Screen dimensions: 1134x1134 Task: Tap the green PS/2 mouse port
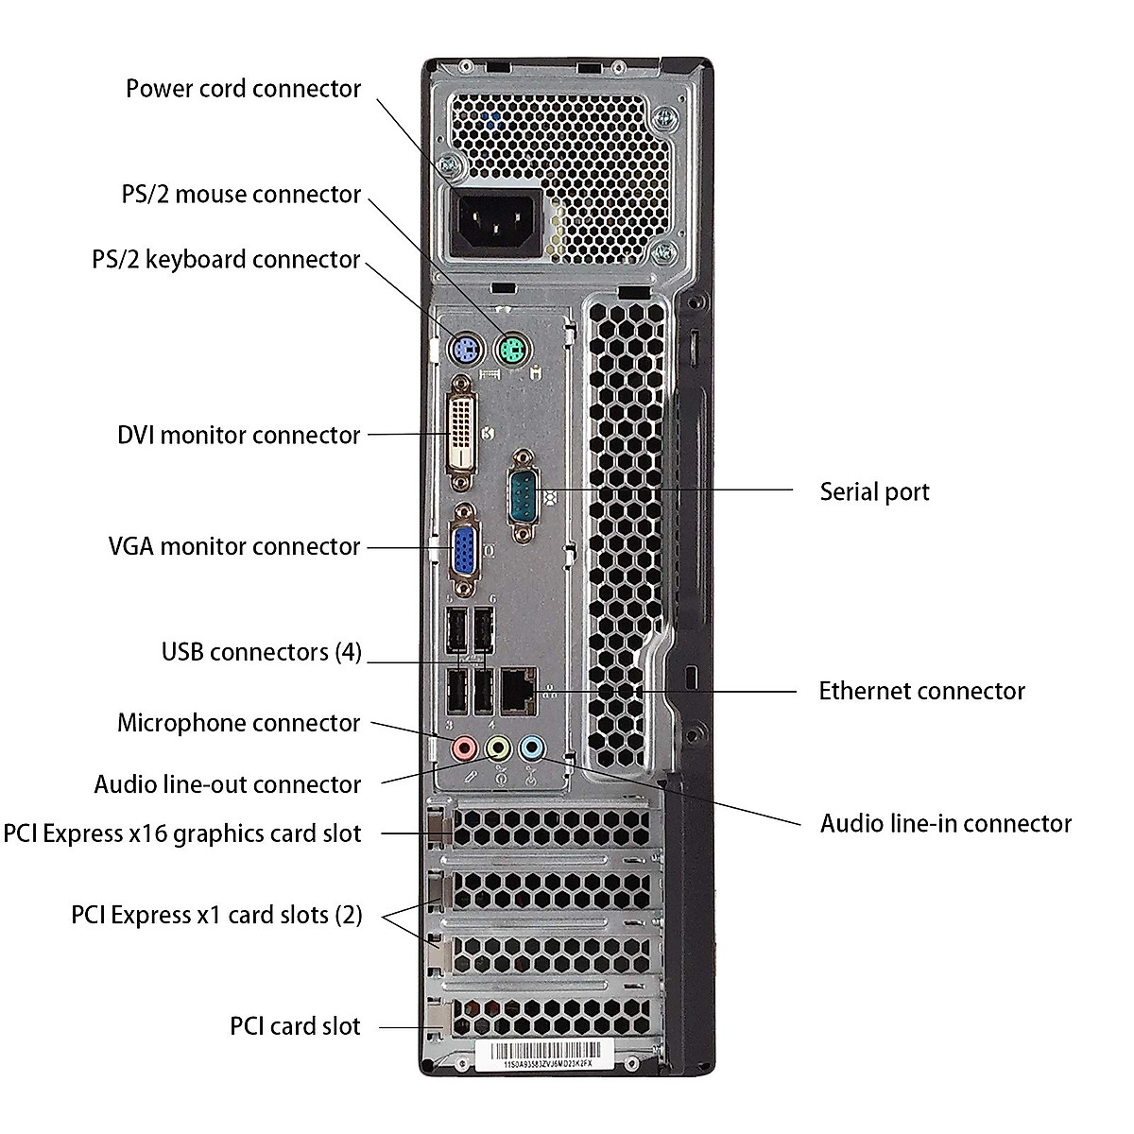click(x=511, y=352)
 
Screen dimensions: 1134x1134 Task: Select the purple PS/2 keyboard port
click(x=463, y=352)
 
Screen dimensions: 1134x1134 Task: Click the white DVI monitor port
click(x=461, y=434)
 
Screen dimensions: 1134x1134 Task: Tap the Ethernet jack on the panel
click(x=517, y=691)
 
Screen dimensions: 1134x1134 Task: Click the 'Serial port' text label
click(x=874, y=491)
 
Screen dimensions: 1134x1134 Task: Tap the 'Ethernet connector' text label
click(x=921, y=691)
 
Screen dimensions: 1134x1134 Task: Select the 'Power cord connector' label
click(x=243, y=89)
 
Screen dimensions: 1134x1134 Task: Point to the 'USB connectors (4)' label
click(x=261, y=652)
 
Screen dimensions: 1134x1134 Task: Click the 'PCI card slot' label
click(x=295, y=1026)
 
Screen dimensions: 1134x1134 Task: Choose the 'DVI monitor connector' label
click(x=238, y=435)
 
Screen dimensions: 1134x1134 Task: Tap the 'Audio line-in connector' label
click(x=945, y=823)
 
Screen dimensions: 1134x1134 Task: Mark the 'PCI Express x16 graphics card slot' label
click(x=181, y=833)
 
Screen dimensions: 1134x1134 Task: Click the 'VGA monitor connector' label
click(x=233, y=546)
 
